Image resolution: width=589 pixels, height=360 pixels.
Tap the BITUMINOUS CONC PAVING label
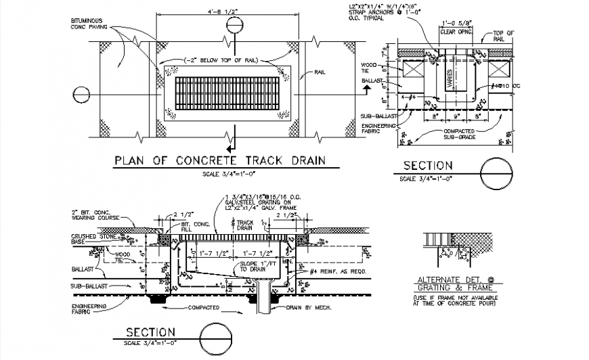(x=91, y=25)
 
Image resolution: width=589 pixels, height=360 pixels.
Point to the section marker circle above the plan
(x=234, y=25)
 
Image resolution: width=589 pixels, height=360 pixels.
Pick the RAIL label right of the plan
(x=322, y=72)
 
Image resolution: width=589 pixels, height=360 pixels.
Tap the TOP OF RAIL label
(x=503, y=35)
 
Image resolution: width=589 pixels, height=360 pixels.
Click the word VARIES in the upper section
(x=449, y=77)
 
